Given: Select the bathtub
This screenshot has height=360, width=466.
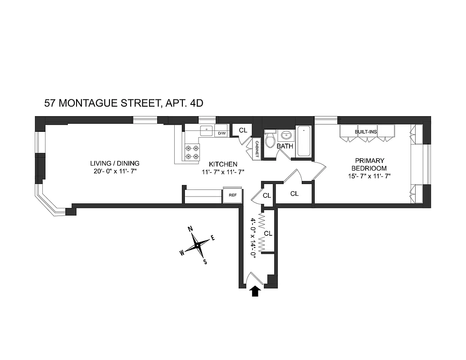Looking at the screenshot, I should click(x=304, y=142).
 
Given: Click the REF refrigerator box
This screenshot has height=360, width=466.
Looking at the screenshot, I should click(x=233, y=195).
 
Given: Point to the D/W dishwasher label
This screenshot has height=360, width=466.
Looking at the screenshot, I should click(x=222, y=133).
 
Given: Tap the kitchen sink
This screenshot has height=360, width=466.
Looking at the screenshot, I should click(x=207, y=130).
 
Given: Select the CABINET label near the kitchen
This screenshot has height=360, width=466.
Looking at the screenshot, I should click(x=257, y=148).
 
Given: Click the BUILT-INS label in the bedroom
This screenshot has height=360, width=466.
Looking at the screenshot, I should click(x=366, y=132).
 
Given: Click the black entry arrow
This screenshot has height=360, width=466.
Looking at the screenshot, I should click(x=255, y=291).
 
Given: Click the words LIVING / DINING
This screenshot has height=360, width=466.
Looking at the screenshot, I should click(x=115, y=163).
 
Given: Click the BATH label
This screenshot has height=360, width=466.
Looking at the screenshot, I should click(x=285, y=147).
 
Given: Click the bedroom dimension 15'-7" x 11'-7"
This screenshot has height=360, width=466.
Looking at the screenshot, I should click(x=369, y=176).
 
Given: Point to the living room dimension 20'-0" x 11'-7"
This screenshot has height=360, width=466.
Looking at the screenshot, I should click(x=115, y=171).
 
